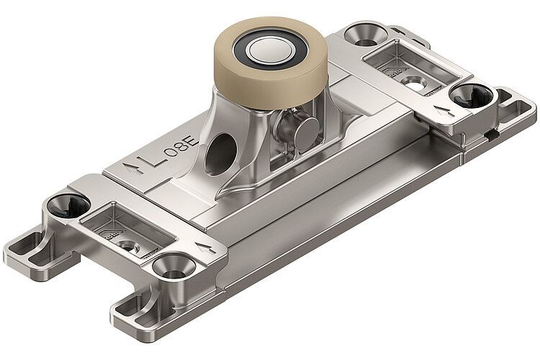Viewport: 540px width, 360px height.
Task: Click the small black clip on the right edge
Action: pos(490,132)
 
